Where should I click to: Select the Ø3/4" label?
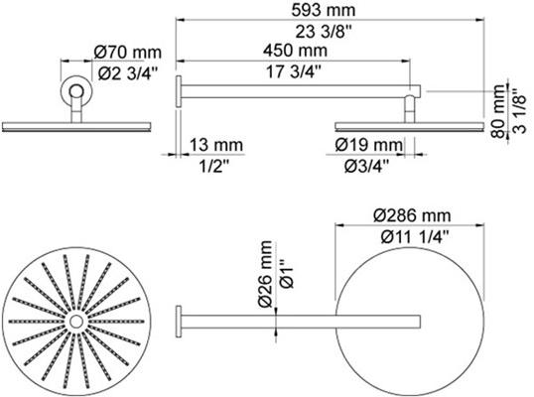[362, 166]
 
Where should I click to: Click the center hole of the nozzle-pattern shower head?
[75, 324]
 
